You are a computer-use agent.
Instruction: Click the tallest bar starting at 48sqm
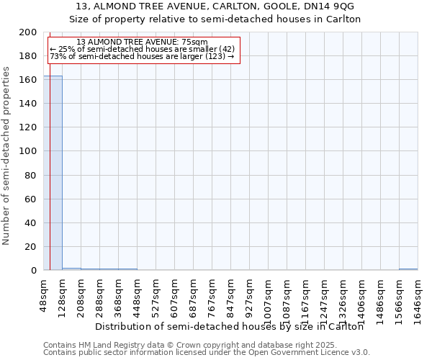click(53, 173)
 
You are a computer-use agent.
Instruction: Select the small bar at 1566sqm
click(408, 269)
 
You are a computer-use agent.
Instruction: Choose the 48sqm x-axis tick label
click(44, 294)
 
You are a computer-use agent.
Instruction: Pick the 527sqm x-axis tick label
click(156, 296)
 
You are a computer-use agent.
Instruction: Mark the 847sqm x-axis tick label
click(231, 296)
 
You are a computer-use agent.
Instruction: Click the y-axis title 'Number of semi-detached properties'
click(6, 156)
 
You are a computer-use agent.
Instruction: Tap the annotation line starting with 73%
click(142, 56)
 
